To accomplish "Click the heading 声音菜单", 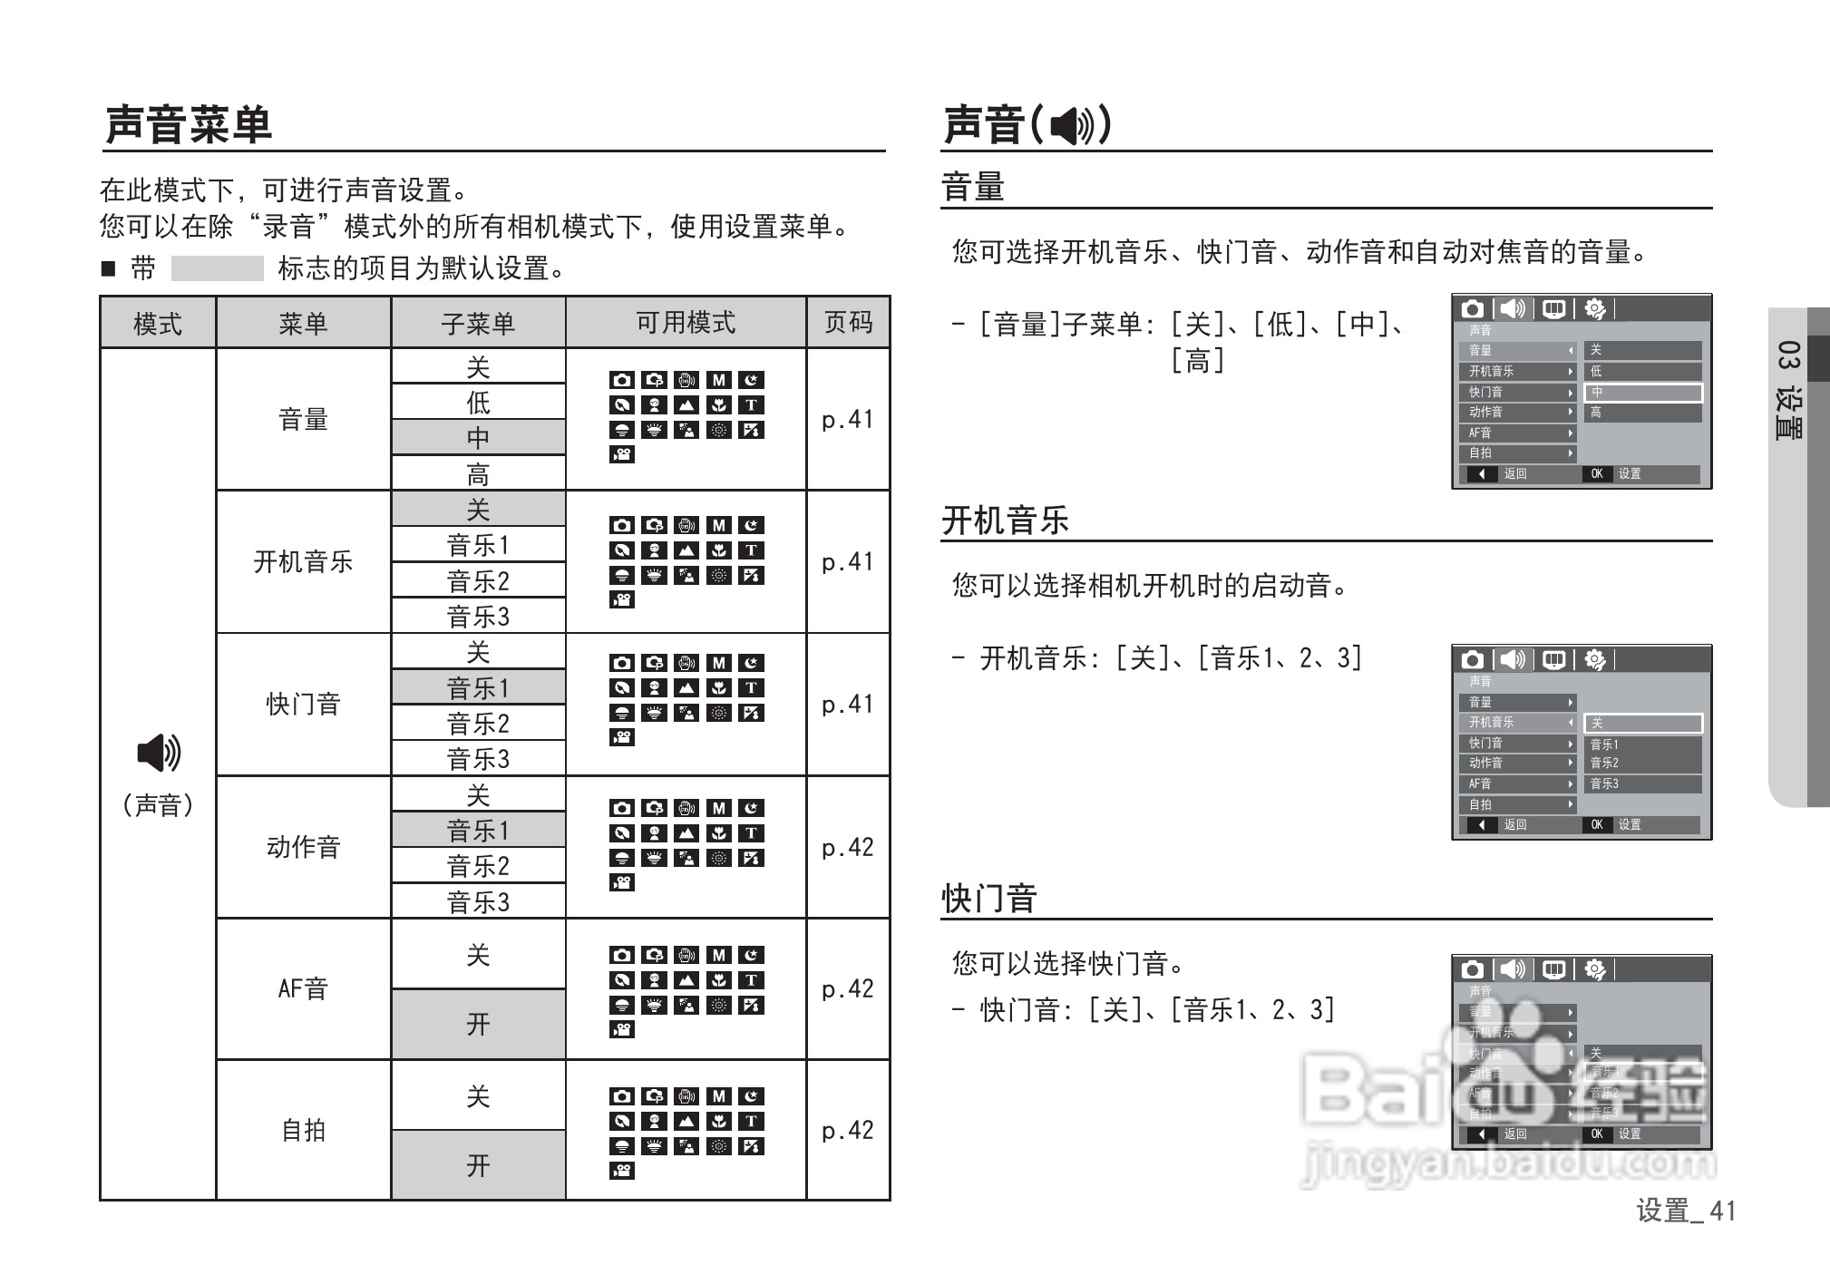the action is tap(189, 124).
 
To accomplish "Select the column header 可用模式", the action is tap(686, 322).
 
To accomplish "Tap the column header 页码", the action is tap(848, 322).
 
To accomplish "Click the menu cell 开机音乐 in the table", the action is tap(303, 561).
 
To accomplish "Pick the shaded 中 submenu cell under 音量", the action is tap(478, 438).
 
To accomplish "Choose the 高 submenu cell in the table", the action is tap(478, 473).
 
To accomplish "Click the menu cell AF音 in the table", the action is tap(303, 988).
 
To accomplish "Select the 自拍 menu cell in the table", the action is tap(303, 1130).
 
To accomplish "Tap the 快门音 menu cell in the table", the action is tap(303, 704).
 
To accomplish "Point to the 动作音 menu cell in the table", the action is tap(303, 847).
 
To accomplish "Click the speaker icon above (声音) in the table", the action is tap(159, 753).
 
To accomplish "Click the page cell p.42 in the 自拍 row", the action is tap(848, 1130).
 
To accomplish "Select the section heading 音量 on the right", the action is tap(973, 188).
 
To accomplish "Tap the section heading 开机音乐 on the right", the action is tap(1006, 521).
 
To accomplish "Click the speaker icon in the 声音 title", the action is tap(1073, 125).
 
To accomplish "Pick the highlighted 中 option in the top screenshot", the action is tap(1642, 393).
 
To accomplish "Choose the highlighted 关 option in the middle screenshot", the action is tap(1642, 723).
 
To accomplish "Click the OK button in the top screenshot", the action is tap(1597, 473).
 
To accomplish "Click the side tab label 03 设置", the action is tap(1788, 390).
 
